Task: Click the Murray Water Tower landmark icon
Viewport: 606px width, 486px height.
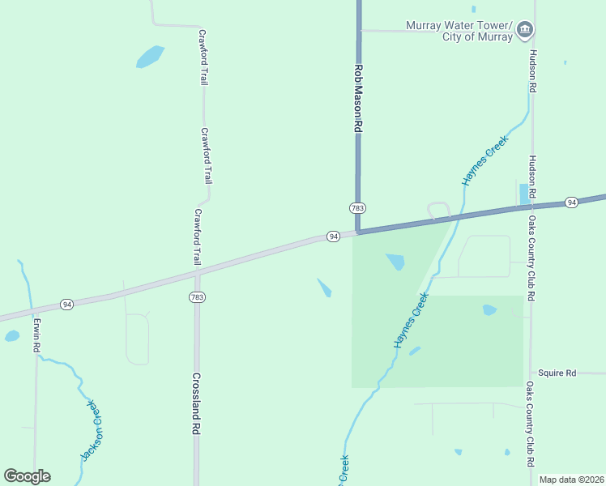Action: point(525,30)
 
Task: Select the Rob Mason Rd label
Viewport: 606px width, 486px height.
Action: point(356,99)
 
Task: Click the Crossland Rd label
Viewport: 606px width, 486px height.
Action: point(196,404)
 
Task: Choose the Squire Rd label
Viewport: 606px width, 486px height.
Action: point(557,373)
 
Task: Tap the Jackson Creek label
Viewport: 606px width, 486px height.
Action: point(94,431)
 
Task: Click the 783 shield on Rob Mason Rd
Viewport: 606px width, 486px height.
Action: point(356,208)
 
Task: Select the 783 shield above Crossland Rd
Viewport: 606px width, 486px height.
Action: point(196,297)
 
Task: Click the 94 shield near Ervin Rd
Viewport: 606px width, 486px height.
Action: point(66,305)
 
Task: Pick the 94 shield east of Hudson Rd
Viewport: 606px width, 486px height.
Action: point(571,202)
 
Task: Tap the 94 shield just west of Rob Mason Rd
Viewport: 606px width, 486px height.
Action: point(333,236)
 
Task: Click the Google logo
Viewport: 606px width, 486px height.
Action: point(27,476)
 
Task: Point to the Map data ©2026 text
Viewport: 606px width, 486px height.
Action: point(571,480)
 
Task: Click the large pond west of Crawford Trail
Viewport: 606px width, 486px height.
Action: point(150,57)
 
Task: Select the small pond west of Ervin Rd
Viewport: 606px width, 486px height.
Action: point(11,335)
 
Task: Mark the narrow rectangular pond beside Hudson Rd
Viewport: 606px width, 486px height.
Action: point(523,194)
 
